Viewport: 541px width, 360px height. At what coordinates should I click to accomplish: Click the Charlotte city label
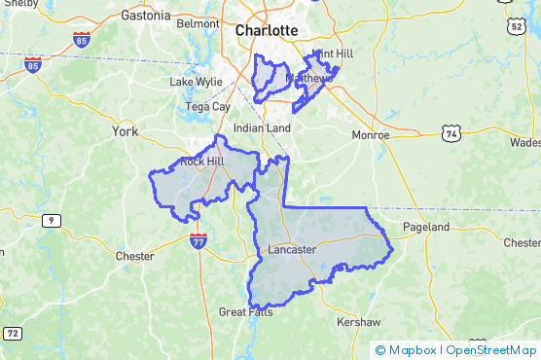pos(266,30)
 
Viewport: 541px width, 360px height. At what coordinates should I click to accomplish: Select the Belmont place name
pos(198,22)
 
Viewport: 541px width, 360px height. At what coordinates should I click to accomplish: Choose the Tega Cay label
pos(207,106)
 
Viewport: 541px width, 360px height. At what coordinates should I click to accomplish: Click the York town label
pos(126,130)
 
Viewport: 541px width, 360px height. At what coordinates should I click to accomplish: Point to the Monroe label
pos(370,135)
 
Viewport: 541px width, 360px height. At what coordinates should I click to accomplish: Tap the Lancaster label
pos(291,249)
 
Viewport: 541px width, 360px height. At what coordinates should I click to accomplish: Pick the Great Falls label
pos(245,312)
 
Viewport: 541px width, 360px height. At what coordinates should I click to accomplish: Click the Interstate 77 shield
pos(198,240)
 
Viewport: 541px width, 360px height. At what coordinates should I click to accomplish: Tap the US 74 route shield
pos(449,132)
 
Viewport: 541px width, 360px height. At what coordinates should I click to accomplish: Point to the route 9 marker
pos(48,222)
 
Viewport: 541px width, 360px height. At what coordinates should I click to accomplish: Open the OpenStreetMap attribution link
pos(491,350)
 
